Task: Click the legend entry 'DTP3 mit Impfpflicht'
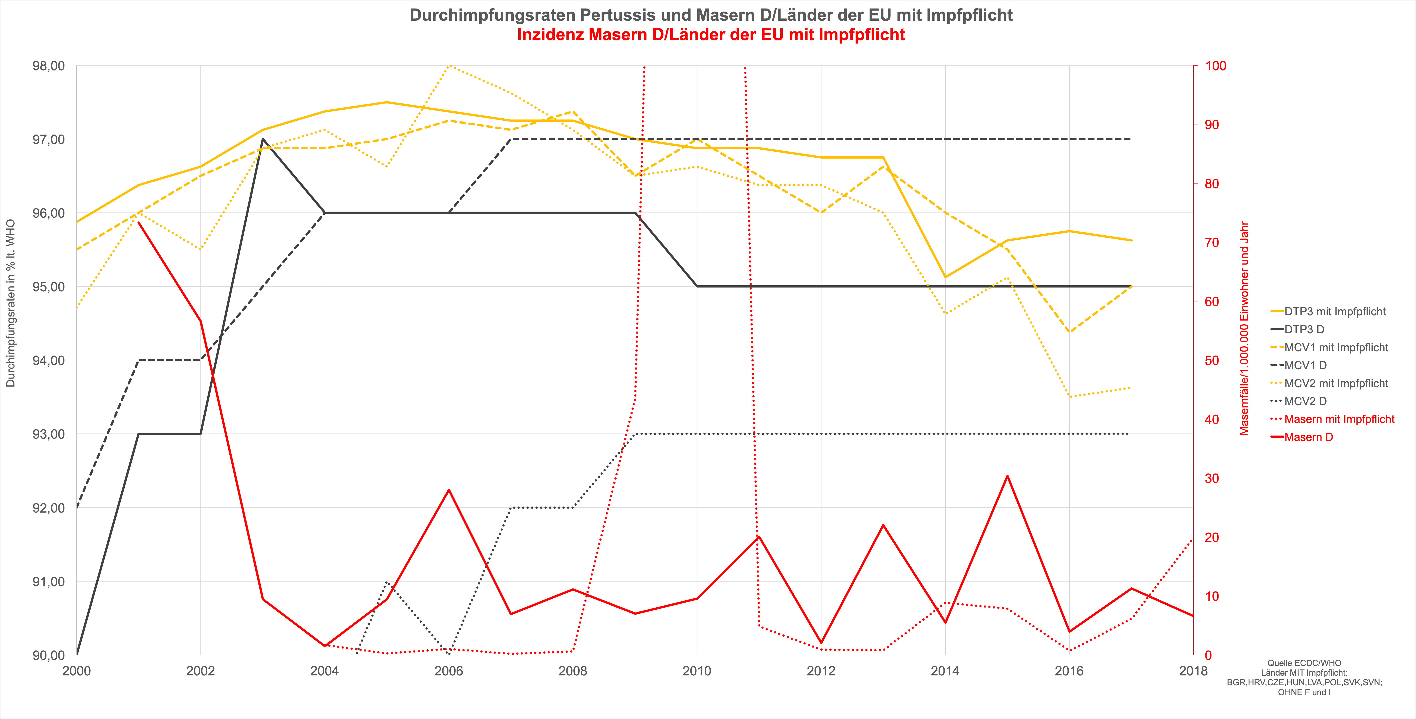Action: tap(1335, 312)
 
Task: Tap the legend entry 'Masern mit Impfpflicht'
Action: tap(1339, 419)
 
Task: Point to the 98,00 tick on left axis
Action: tap(48, 66)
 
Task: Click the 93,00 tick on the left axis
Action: tap(48, 434)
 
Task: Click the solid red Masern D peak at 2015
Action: tap(1007, 476)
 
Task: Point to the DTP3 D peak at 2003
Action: tap(263, 139)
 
